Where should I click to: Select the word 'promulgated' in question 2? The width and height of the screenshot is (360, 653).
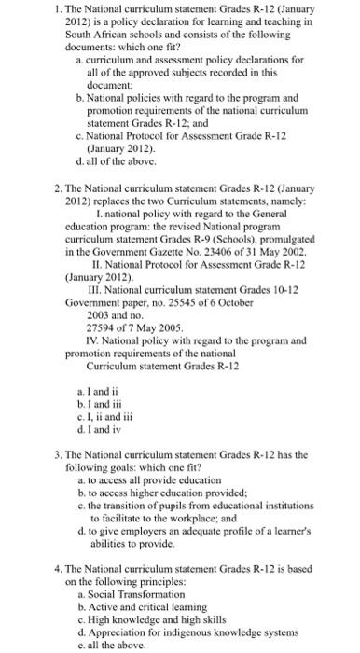285,238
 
